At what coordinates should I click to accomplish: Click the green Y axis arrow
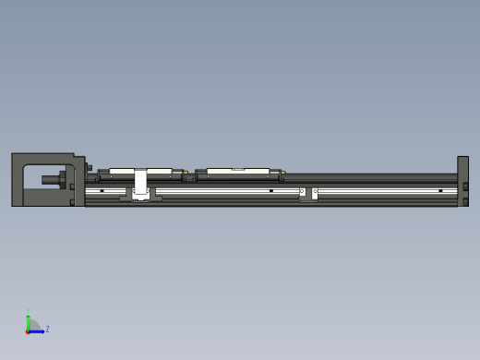29,319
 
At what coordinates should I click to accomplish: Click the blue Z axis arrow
37,330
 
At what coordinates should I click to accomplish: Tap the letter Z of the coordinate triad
47,329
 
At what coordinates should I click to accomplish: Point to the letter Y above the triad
29,310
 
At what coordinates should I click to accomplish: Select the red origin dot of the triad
29,330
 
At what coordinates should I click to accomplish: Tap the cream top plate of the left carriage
140,171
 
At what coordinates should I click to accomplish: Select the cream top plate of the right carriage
237,171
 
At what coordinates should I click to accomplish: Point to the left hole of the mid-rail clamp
302,192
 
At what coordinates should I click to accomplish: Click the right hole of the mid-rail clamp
315,192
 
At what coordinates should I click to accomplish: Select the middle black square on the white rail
270,191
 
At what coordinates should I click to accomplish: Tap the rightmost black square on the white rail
440,191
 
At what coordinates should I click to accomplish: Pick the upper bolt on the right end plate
466,186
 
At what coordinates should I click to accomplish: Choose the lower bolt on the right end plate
466,200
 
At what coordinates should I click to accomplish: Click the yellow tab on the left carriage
186,172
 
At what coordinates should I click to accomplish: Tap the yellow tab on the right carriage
283,172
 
